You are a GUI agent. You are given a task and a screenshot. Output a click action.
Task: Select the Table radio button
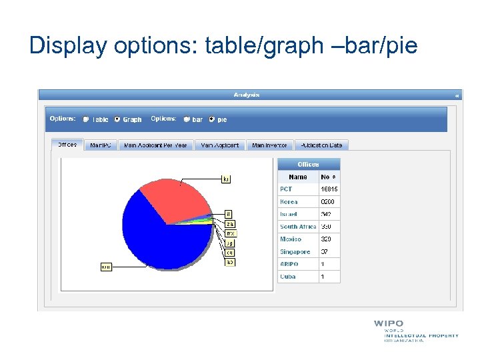[x=86, y=120]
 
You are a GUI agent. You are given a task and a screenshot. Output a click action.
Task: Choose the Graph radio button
[x=117, y=120]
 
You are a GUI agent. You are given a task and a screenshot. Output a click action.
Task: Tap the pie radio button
[x=212, y=120]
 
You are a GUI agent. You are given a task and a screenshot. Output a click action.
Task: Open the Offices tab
[x=67, y=145]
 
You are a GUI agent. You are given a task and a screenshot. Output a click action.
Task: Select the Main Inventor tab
[x=269, y=145]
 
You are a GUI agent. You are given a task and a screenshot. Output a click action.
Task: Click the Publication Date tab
[x=321, y=145]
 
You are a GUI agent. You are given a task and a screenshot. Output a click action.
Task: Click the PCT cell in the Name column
[x=286, y=189]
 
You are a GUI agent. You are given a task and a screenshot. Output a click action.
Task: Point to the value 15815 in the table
[x=329, y=189]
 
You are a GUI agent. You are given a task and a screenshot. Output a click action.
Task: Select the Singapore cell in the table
[x=295, y=252]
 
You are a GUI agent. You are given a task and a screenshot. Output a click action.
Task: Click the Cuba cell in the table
[x=288, y=277]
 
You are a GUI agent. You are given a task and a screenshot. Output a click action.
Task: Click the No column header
[x=329, y=177]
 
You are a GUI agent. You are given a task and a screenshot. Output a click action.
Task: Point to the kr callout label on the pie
[x=226, y=179]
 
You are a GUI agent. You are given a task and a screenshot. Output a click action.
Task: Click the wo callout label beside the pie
[x=105, y=267]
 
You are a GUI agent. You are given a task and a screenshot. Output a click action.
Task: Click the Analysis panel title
[x=247, y=95]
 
